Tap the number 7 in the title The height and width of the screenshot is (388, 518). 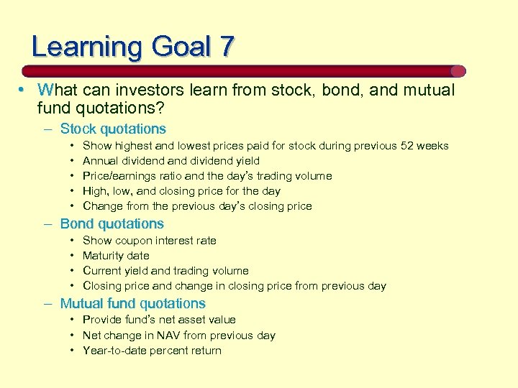(x=227, y=47)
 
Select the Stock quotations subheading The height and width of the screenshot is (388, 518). (x=113, y=129)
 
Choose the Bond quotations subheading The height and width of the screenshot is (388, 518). (x=112, y=224)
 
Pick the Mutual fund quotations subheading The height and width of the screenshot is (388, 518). (x=132, y=304)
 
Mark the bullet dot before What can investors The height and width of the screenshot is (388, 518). (x=23, y=91)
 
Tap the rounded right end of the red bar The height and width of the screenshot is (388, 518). (x=458, y=71)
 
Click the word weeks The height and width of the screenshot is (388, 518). (x=433, y=146)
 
